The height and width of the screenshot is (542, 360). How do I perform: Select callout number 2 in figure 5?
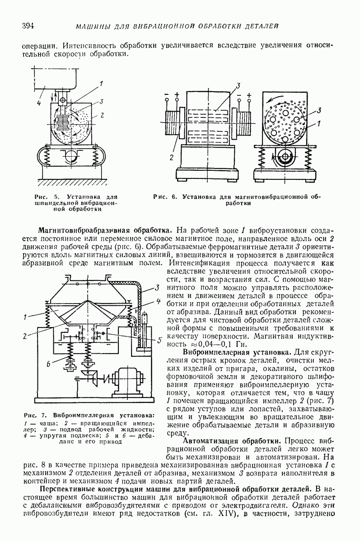tap(102, 116)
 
